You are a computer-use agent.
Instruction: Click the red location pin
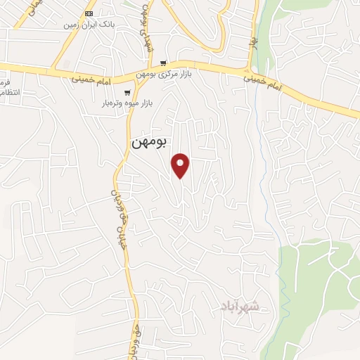click(x=181, y=165)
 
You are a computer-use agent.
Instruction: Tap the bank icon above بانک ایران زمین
click(x=89, y=13)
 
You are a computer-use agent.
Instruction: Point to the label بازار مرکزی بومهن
click(x=164, y=74)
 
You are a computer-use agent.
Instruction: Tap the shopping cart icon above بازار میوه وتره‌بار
click(x=127, y=92)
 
